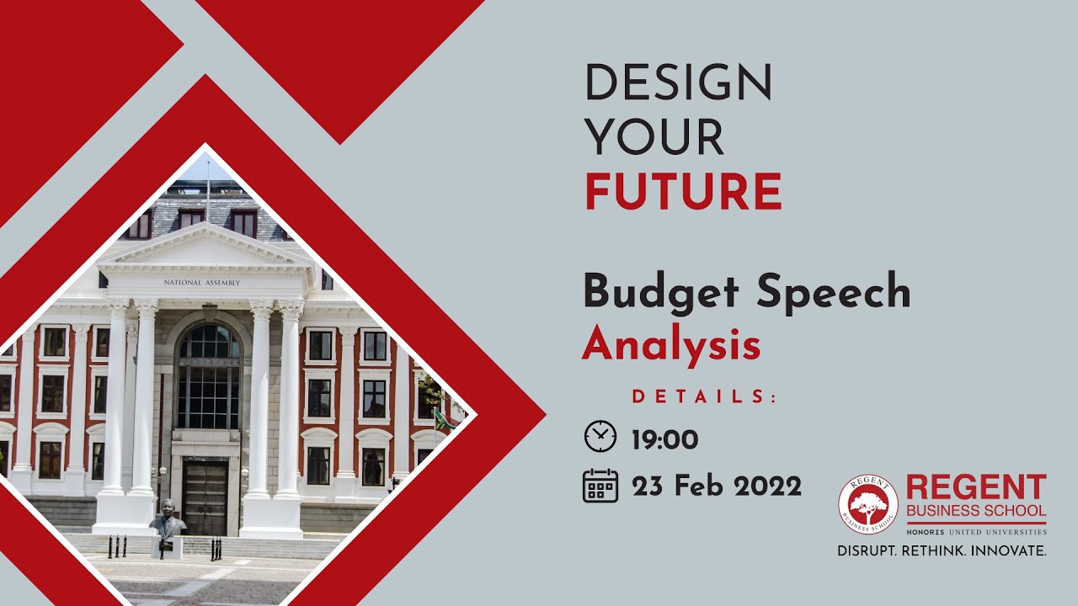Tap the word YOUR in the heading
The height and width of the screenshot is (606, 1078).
point(654,136)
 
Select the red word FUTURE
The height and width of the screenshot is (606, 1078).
point(683,191)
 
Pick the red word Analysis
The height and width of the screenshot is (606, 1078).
point(671,345)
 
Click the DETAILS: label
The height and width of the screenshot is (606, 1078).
point(704,396)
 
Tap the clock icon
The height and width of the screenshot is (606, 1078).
point(600,437)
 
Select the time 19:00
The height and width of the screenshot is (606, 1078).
point(664,439)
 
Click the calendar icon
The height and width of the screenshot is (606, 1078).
point(600,486)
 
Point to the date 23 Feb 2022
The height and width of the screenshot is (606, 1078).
point(717,486)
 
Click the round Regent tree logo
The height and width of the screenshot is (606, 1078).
point(867,504)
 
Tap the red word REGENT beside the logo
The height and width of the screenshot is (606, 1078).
point(976,487)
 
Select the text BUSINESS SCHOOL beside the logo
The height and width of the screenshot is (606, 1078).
point(976,511)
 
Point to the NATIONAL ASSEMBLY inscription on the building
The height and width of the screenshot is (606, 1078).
point(201,283)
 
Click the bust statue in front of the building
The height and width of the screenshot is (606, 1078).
point(168,518)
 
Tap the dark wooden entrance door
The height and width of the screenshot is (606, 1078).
point(205,497)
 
